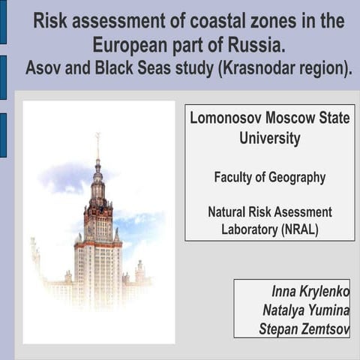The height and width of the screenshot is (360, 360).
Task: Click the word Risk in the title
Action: click(51, 21)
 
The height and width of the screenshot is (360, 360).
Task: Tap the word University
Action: click(270, 138)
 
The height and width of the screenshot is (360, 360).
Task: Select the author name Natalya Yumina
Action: click(305, 310)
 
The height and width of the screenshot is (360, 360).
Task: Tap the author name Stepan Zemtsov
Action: click(303, 328)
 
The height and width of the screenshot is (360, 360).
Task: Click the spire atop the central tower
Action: click(97, 146)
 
